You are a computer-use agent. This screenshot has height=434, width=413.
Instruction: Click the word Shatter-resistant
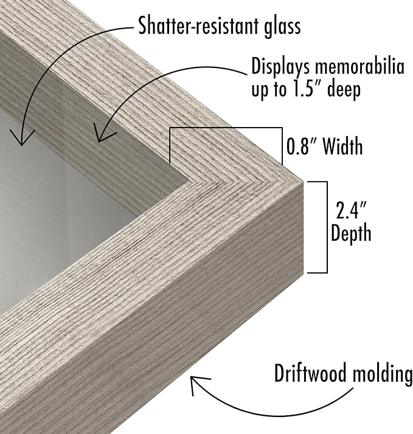[197, 26]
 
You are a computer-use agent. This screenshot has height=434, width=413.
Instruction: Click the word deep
[344, 90]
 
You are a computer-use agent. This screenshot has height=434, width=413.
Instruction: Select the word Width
[342, 146]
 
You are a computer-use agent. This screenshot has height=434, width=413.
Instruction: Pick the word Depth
[351, 233]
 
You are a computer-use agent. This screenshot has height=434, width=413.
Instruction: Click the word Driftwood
[310, 373]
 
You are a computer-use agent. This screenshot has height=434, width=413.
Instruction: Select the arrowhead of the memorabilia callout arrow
[102, 134]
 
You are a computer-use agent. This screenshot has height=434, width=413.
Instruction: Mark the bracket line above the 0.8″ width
[226, 128]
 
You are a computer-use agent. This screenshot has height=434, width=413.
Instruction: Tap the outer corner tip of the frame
[303, 182]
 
